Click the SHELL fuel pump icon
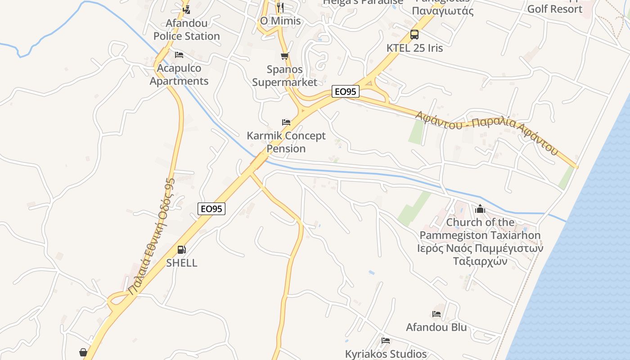click(x=181, y=250)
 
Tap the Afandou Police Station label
click(x=187, y=30)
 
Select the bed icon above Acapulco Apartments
click(x=179, y=55)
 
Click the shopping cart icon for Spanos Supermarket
click(x=284, y=56)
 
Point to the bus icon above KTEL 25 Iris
click(x=414, y=35)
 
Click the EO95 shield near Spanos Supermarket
click(x=346, y=92)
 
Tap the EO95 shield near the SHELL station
click(x=211, y=209)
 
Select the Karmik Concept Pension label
click(x=286, y=142)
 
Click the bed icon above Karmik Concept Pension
click(x=286, y=122)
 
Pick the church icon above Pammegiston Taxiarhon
click(x=480, y=209)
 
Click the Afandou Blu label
click(x=436, y=327)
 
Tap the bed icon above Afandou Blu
click(x=436, y=314)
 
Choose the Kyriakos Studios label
click(x=386, y=354)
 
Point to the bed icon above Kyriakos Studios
click(x=385, y=341)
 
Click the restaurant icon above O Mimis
click(x=280, y=7)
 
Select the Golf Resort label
click(x=554, y=9)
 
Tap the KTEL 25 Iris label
click(x=415, y=48)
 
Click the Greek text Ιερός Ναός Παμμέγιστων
click(x=480, y=248)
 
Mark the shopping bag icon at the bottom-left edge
click(x=83, y=352)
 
